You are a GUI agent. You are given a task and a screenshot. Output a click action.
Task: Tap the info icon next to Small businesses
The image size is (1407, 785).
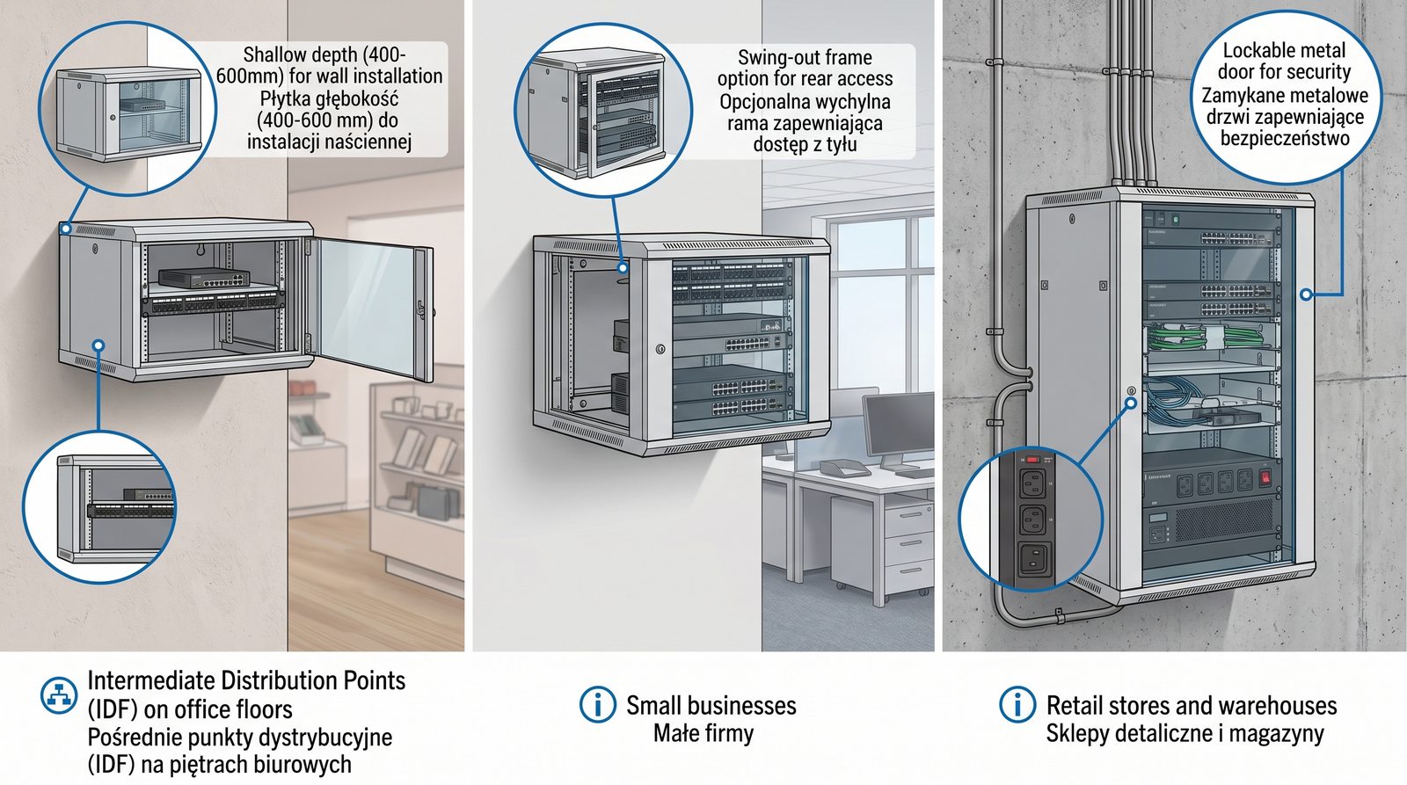[597, 705]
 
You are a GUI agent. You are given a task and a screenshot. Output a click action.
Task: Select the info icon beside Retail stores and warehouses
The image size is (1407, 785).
[1017, 705]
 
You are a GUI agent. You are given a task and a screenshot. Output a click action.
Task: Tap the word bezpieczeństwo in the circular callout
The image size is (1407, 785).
[1285, 139]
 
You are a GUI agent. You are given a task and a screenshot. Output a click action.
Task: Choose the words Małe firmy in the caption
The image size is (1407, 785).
[703, 733]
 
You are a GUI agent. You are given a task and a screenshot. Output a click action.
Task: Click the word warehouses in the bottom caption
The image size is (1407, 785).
[1283, 705]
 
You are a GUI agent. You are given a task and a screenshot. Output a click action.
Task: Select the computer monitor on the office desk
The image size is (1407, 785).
[897, 427]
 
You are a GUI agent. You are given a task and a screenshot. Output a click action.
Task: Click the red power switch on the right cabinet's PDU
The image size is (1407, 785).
[1265, 478]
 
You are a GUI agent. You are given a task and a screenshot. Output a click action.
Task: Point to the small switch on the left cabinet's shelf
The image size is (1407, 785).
[204, 278]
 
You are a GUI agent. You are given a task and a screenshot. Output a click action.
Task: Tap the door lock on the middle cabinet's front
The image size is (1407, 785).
[660, 349]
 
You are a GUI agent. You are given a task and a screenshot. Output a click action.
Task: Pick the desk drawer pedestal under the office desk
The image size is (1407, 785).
[906, 545]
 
